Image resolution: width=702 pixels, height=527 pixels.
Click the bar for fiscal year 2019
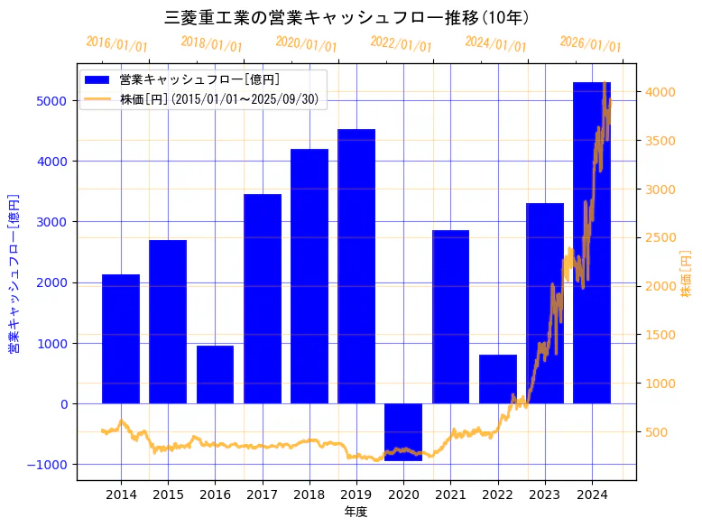pos(356,266)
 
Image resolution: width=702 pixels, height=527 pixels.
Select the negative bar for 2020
pos(403,432)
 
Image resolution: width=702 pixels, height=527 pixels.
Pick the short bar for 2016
pos(215,374)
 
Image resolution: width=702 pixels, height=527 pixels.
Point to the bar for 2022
pos(498,379)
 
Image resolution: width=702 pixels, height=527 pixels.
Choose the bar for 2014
pos(121,338)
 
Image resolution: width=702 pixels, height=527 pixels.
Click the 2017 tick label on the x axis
pos(262,495)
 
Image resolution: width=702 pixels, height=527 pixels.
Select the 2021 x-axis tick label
pos(450,495)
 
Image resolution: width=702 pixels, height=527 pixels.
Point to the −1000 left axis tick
pos(50,464)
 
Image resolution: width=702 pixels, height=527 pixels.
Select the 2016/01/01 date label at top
pos(117,44)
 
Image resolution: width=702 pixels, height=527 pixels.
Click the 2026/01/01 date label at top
pos(590,44)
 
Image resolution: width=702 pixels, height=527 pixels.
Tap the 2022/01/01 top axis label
pos(401,44)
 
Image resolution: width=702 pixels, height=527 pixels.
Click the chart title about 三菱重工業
pos(347,17)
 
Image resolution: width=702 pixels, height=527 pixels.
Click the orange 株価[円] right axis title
pos(686,275)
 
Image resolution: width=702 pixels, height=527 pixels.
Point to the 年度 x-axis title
pos(356,512)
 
